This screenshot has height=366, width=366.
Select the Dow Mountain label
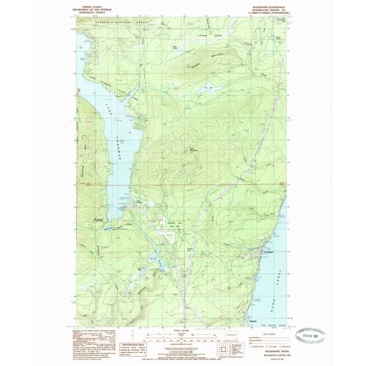tap(193, 146)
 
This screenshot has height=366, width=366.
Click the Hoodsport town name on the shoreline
tap(268, 251)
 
